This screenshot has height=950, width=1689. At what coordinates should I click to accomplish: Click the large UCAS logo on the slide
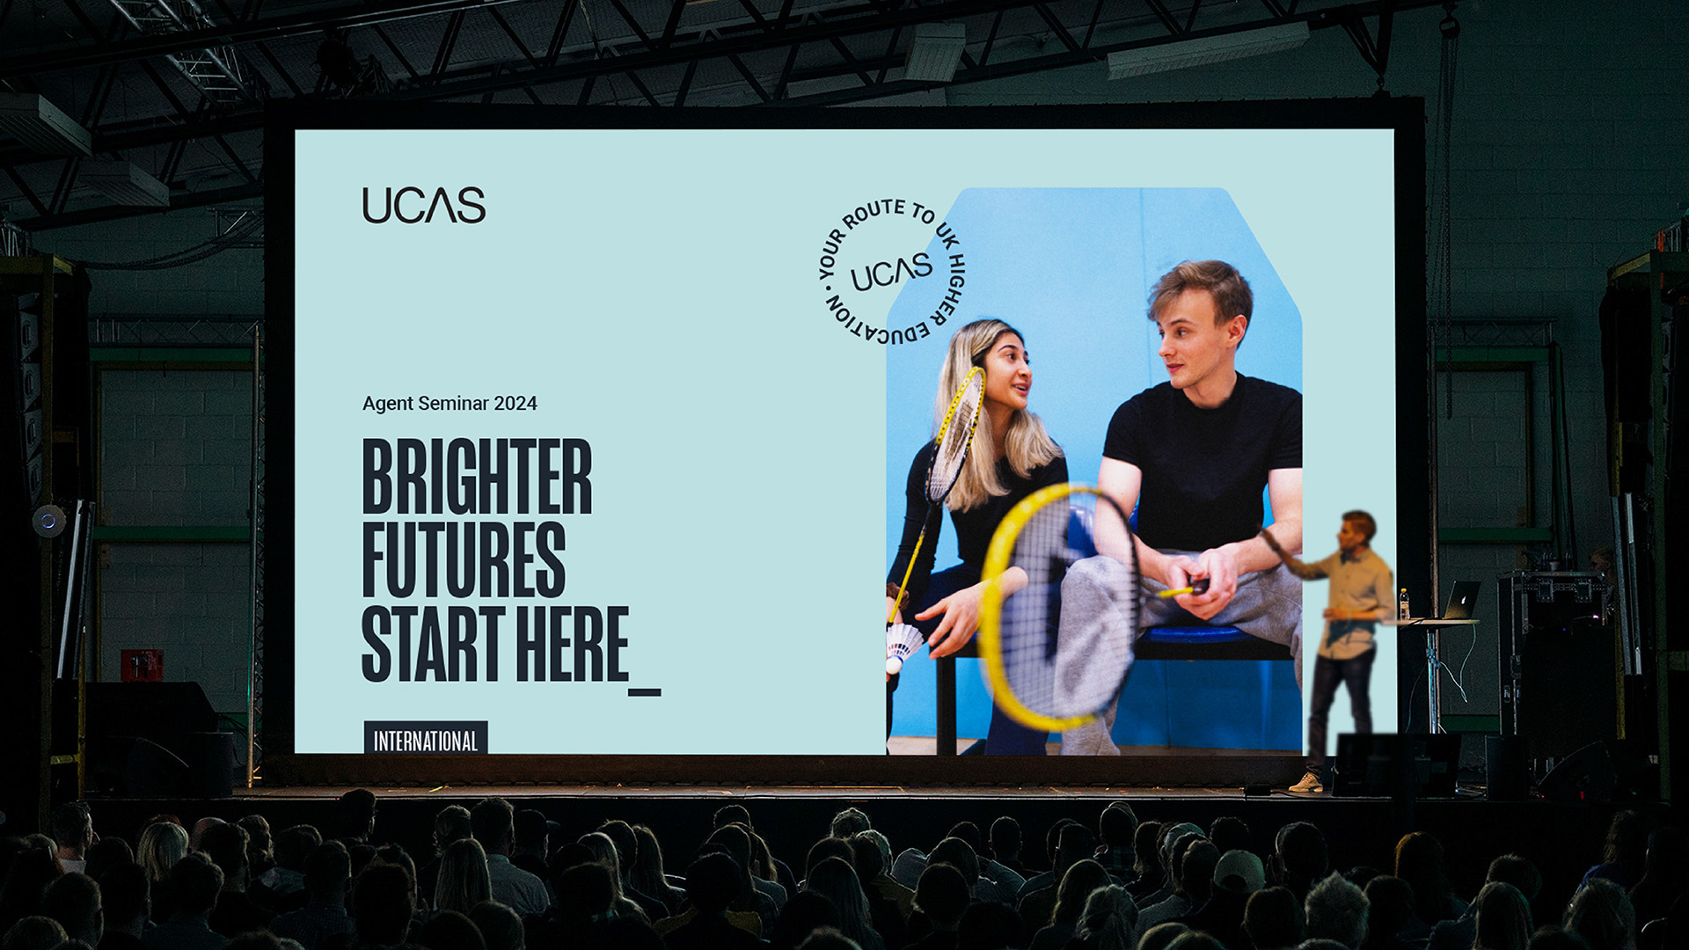tap(423, 205)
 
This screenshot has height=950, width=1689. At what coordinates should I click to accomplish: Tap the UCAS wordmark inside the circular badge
tap(891, 273)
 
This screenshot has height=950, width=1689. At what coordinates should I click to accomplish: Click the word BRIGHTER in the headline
tap(477, 476)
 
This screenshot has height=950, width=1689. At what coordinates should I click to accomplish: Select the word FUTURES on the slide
tap(464, 559)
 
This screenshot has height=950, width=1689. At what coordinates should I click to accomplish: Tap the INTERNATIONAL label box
tap(426, 739)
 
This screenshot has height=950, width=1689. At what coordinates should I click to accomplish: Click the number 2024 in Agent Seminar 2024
tap(515, 404)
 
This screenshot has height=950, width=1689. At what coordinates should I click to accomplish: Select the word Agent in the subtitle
tap(388, 404)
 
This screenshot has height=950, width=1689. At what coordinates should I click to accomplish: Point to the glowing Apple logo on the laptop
tap(1459, 601)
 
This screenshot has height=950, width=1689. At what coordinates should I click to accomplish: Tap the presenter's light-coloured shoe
tap(1306, 783)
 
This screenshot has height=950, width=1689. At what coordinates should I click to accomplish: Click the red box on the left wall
tap(142, 665)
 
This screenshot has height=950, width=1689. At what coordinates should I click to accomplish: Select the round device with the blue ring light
tap(48, 521)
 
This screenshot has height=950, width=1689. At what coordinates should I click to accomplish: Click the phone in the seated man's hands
tap(1195, 587)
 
